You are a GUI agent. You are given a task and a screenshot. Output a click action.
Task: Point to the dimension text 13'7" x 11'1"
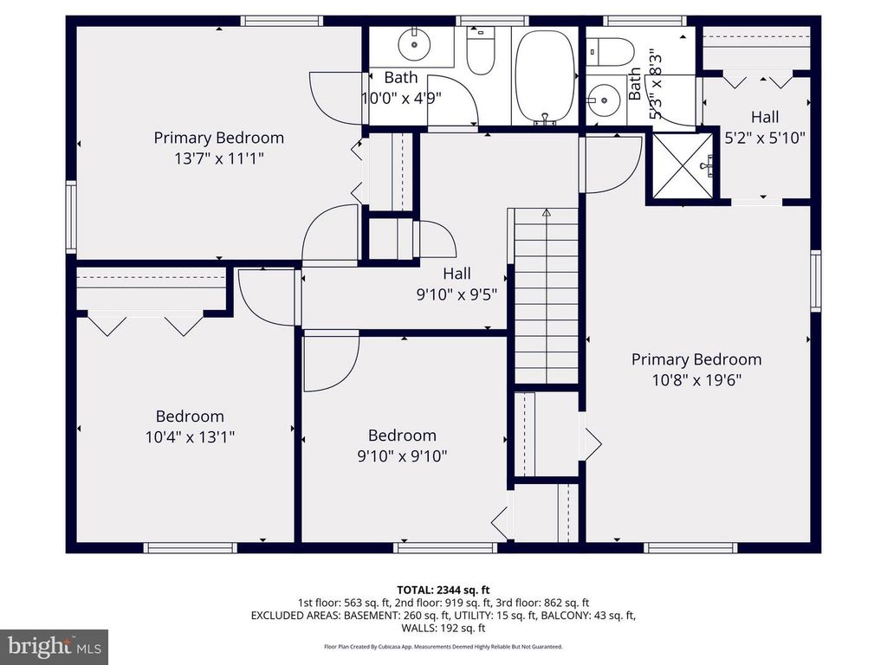pyautogui.click(x=219, y=158)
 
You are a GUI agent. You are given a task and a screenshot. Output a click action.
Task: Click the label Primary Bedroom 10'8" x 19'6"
pyautogui.click(x=696, y=369)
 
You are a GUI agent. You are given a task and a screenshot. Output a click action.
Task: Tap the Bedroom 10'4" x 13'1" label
pyautogui.click(x=190, y=426)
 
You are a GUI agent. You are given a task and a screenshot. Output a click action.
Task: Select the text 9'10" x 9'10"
pyautogui.click(x=402, y=455)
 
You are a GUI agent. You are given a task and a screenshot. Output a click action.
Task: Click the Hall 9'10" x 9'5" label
pyautogui.click(x=456, y=284)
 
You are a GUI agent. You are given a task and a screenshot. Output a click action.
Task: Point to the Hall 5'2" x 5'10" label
pyautogui.click(x=765, y=126)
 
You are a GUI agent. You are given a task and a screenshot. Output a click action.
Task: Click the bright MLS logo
pyautogui.click(x=54, y=646)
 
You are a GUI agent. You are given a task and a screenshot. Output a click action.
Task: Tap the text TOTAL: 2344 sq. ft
pyautogui.click(x=443, y=590)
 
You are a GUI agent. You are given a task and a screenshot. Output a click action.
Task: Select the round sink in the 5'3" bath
pyautogui.click(x=602, y=100)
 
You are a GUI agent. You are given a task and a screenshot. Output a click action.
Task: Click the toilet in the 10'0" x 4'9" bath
pyautogui.click(x=480, y=49)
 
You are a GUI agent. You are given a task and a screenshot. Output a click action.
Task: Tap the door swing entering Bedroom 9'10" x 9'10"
pyautogui.click(x=331, y=362)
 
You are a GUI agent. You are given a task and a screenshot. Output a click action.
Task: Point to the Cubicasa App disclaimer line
pyautogui.click(x=443, y=647)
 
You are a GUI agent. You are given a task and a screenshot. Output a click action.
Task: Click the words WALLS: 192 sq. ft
pyautogui.click(x=443, y=629)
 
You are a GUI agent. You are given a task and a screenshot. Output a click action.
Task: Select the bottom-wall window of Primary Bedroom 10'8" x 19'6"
pyautogui.click(x=690, y=547)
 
